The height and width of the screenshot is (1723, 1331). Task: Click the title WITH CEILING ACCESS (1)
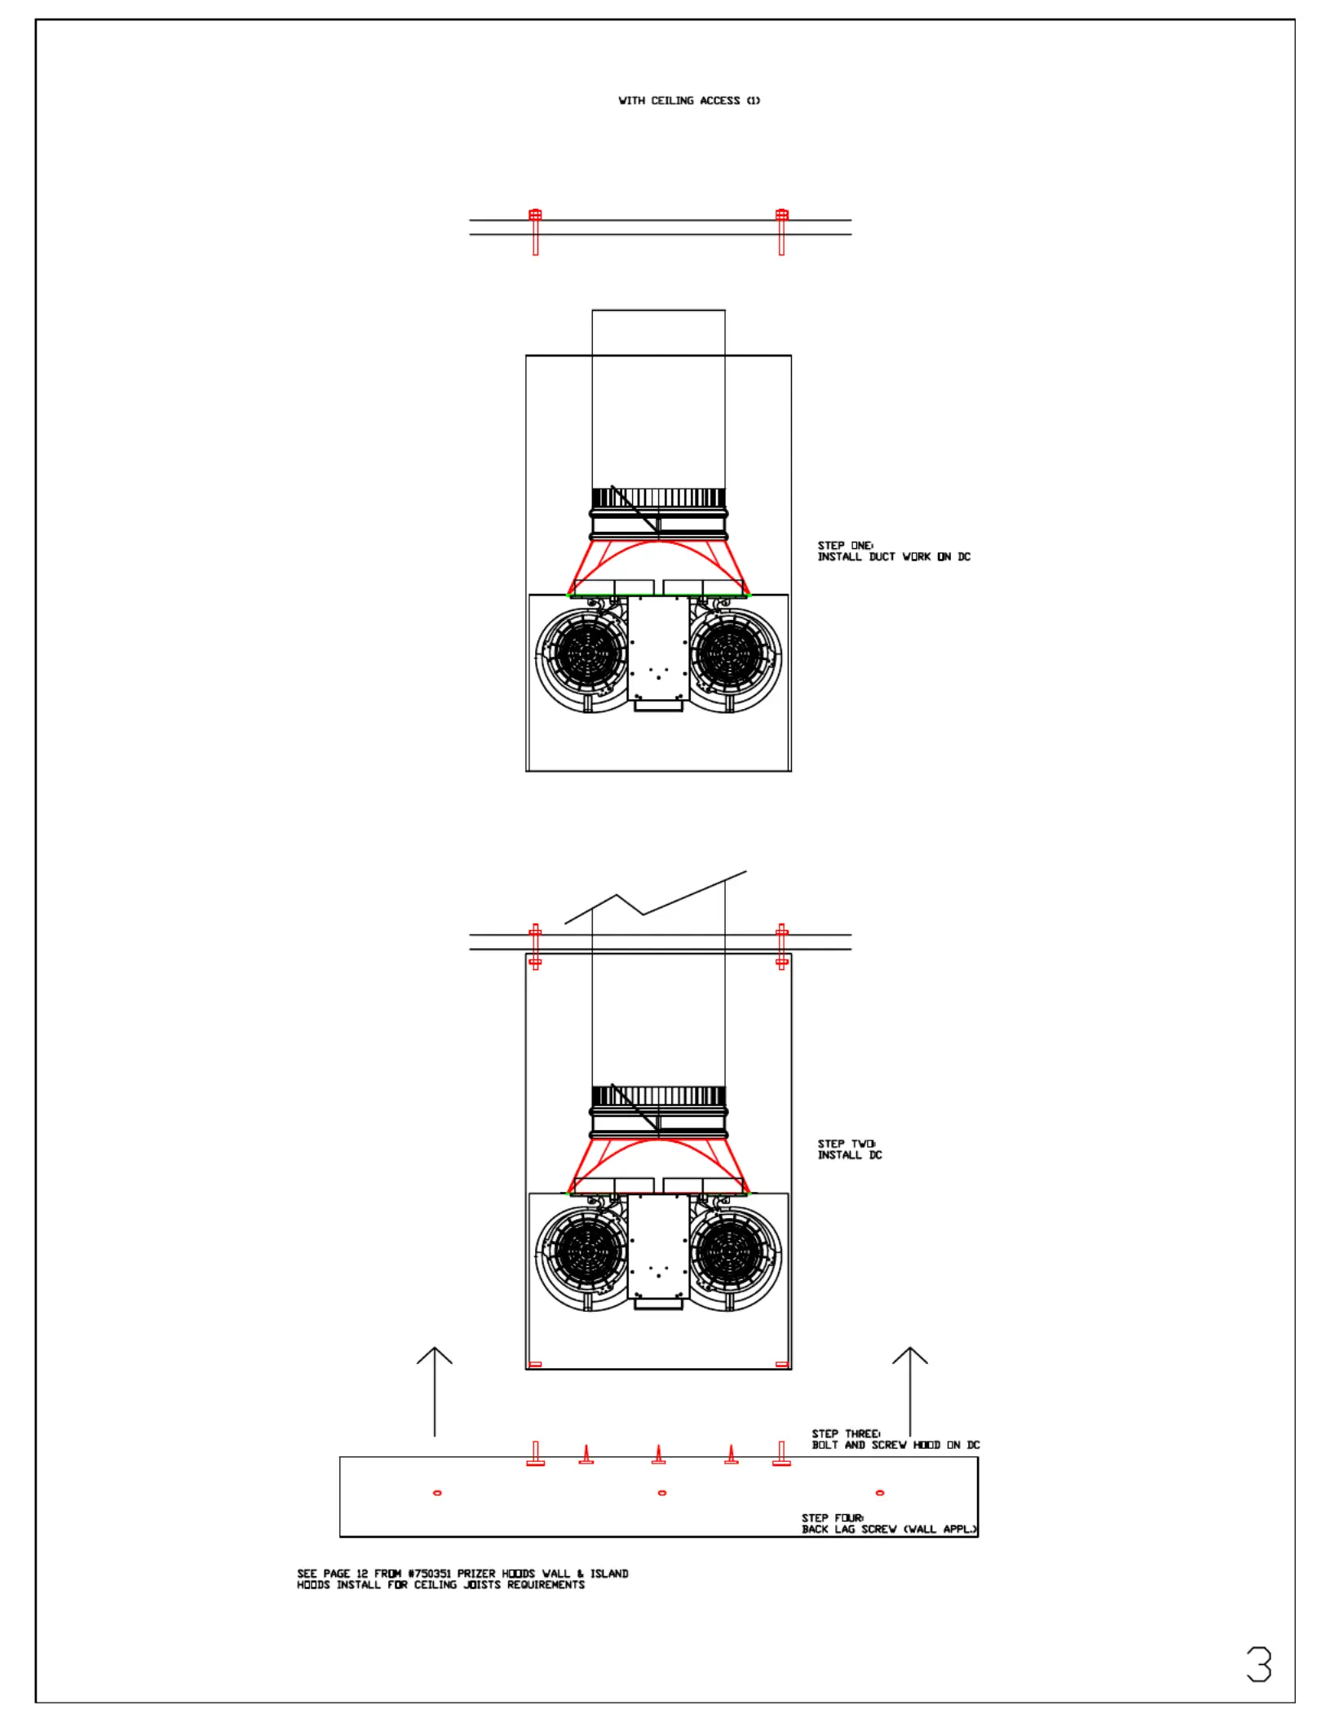pyautogui.click(x=689, y=100)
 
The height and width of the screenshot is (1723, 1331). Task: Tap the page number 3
pyautogui.click(x=1259, y=1665)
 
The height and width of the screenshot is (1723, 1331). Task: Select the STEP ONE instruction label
pyautogui.click(x=894, y=551)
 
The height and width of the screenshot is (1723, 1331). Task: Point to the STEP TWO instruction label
pyautogui.click(x=850, y=1149)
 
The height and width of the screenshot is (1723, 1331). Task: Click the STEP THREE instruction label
pyautogui.click(x=895, y=1439)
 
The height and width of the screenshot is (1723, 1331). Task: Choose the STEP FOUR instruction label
pyautogui.click(x=889, y=1523)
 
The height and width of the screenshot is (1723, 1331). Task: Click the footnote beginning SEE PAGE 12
pyautogui.click(x=462, y=1579)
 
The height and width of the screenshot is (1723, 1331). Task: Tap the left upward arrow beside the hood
pyautogui.click(x=435, y=1391)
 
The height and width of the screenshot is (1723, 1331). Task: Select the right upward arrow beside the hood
pyautogui.click(x=910, y=1391)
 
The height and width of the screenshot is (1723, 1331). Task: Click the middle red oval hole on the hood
pyautogui.click(x=661, y=1493)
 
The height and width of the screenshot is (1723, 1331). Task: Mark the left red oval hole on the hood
pyautogui.click(x=437, y=1493)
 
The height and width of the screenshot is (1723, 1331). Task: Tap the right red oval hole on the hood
pyautogui.click(x=879, y=1493)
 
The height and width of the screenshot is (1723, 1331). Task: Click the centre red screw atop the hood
pyautogui.click(x=658, y=1455)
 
